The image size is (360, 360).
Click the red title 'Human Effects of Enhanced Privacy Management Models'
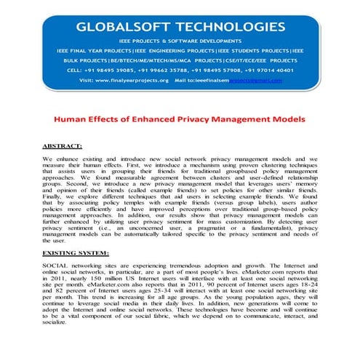[x=180, y=116]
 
